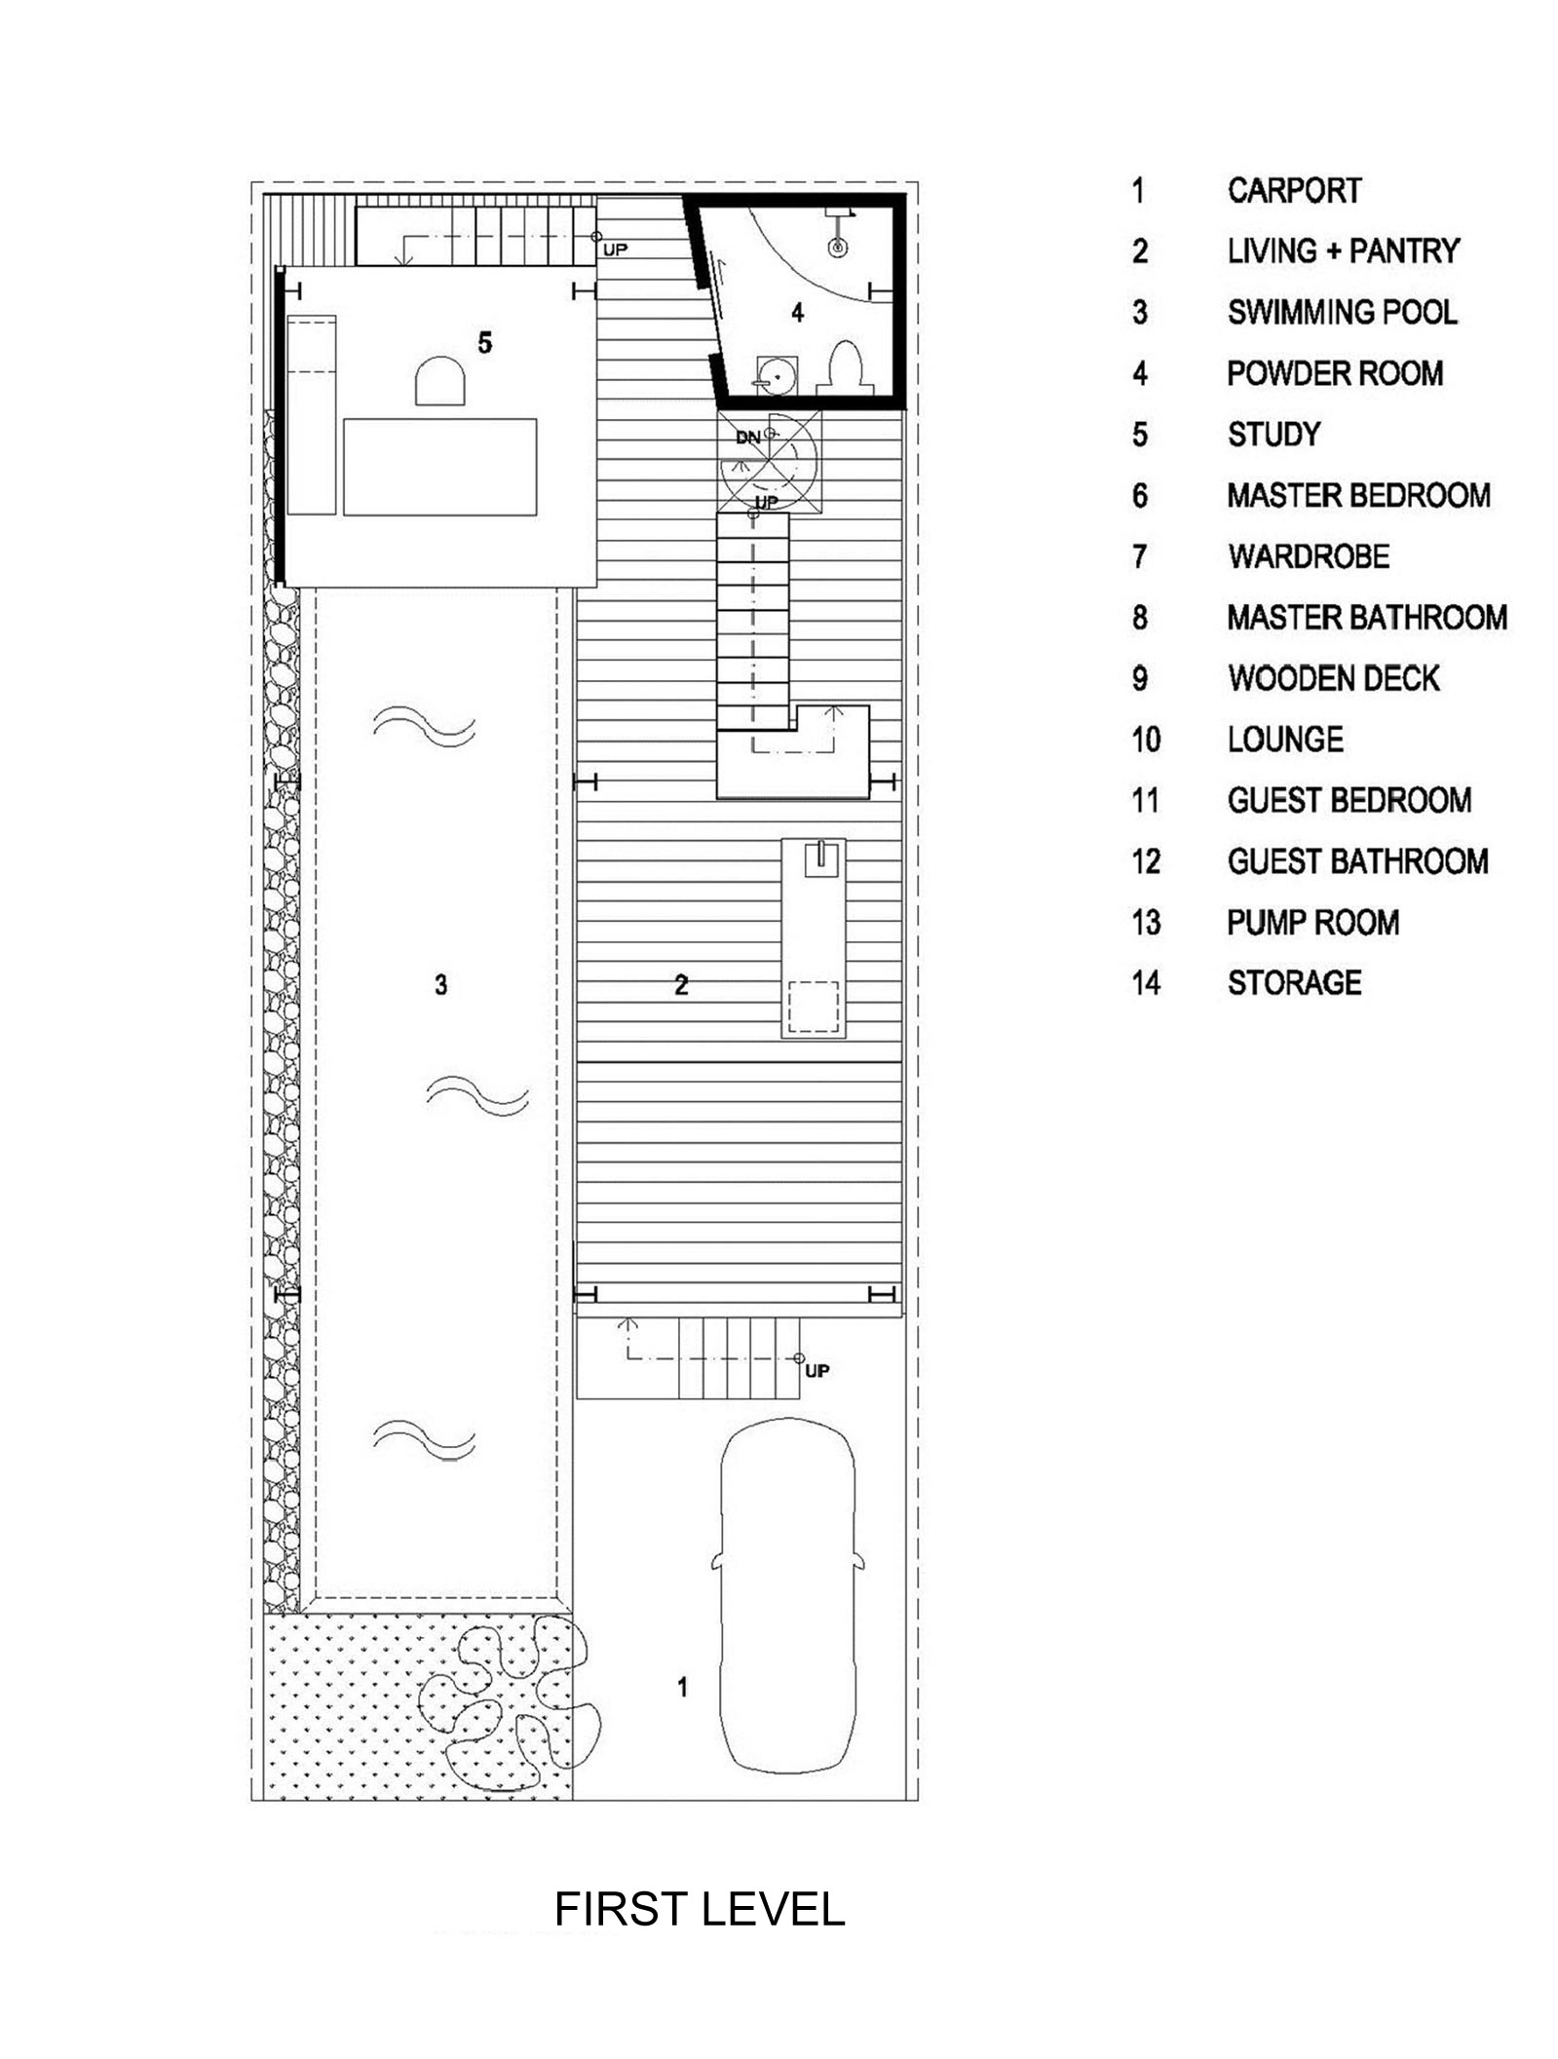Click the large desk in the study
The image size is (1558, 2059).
click(440, 467)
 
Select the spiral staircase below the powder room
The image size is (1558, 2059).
click(770, 460)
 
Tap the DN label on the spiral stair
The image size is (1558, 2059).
click(747, 438)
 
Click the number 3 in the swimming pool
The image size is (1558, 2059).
click(440, 985)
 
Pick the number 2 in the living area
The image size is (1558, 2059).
click(681, 985)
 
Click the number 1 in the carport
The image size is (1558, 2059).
click(682, 1687)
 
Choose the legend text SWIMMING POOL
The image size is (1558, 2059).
click(1342, 312)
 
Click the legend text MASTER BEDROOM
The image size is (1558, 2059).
click(1358, 495)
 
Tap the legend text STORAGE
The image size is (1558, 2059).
click(1294, 982)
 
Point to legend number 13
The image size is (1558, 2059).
click(1146, 922)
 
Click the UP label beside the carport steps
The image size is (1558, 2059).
click(817, 1371)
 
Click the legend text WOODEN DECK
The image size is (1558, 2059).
click(1334, 678)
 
